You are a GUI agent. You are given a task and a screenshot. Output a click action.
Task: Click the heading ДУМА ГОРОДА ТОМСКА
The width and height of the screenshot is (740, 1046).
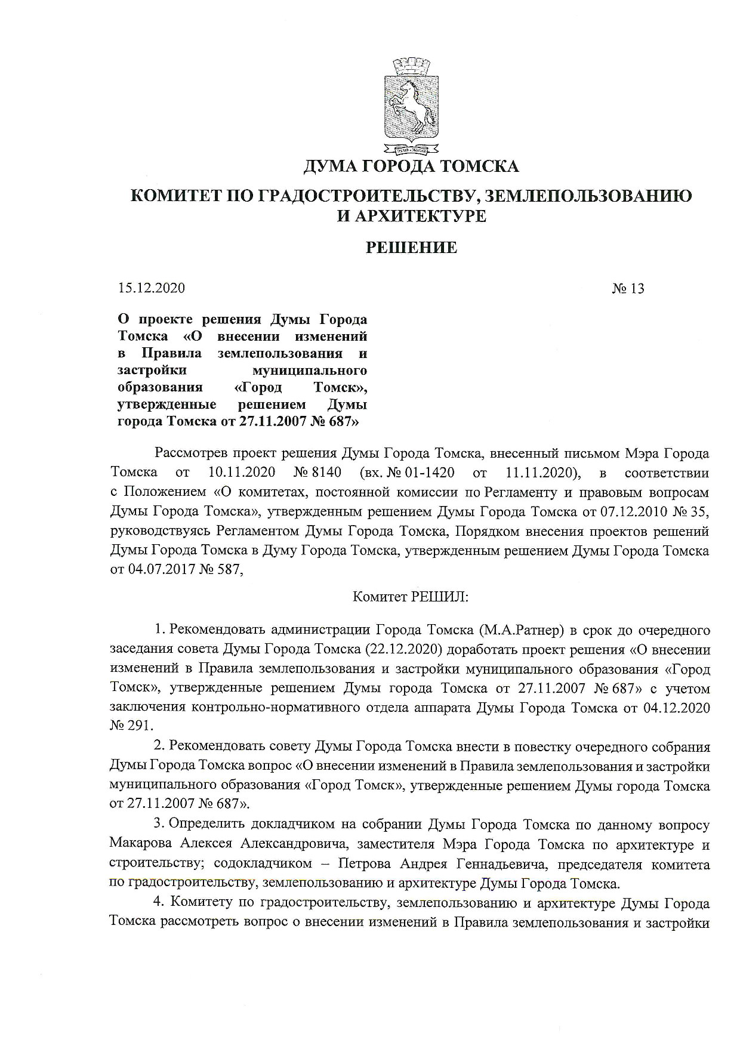pos(411,166)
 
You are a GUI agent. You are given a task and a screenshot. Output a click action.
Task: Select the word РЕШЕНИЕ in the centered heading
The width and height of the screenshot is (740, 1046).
pos(411,248)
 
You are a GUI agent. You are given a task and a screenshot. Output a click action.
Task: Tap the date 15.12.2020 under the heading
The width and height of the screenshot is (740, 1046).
pos(152,288)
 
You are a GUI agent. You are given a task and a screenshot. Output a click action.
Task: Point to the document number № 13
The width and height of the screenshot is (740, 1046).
pos(628,289)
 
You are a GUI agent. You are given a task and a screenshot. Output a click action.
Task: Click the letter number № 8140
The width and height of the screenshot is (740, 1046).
pos(317,473)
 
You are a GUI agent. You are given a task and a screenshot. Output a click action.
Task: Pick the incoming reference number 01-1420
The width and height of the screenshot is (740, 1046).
pos(430,473)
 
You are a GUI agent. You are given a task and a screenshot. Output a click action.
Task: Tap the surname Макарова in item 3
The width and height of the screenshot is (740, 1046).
pos(141,845)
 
